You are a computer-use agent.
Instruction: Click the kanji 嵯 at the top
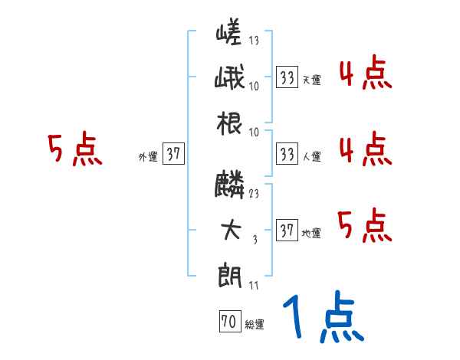coord(229,35)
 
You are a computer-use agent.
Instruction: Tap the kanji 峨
coord(229,79)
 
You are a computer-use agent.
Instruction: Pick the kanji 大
coord(230,231)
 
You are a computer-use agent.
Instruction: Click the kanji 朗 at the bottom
coord(229,274)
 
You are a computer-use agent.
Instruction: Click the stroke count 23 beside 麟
coord(254,194)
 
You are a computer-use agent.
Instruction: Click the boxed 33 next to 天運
coord(287,77)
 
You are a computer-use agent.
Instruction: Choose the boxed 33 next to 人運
coord(287,154)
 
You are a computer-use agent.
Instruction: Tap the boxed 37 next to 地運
coord(287,231)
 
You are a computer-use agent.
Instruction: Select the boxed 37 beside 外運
coord(173,154)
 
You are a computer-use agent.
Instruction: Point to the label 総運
coord(255,324)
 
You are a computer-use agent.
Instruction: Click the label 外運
coord(147,156)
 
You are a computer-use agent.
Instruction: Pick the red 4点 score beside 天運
coord(365,74)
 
